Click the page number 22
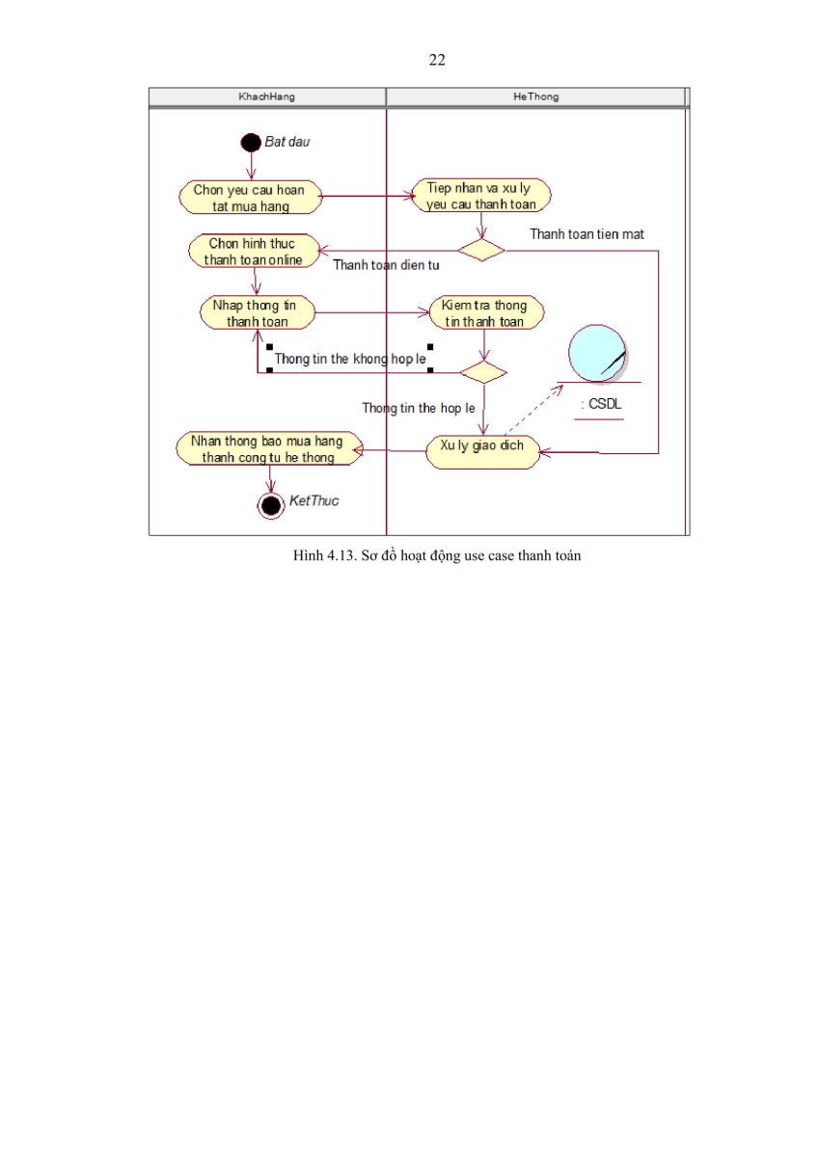pyautogui.click(x=437, y=60)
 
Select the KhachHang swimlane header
pyautogui.click(x=267, y=96)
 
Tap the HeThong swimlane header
pyautogui.click(x=535, y=96)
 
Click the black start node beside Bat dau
pyautogui.click(x=251, y=143)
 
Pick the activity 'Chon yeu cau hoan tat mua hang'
pyautogui.click(x=250, y=198)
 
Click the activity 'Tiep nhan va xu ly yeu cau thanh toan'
pyautogui.click(x=481, y=196)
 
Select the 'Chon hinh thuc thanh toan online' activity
pyautogui.click(x=254, y=251)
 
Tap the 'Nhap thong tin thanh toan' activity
pyautogui.click(x=258, y=312)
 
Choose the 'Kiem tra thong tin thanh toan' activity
pyautogui.click(x=486, y=312)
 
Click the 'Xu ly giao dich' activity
pyautogui.click(x=482, y=452)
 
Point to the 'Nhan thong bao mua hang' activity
pyautogui.click(x=269, y=448)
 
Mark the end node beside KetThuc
pyautogui.click(x=271, y=505)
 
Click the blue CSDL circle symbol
pyautogui.click(x=598, y=353)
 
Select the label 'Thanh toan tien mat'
pyautogui.click(x=587, y=234)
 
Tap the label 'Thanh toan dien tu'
pyautogui.click(x=386, y=265)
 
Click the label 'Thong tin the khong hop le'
pyautogui.click(x=350, y=359)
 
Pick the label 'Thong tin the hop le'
pyautogui.click(x=419, y=408)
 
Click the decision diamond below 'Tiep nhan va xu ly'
pyautogui.click(x=481, y=250)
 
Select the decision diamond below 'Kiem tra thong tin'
pyautogui.click(x=483, y=372)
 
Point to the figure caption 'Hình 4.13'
pyautogui.click(x=437, y=555)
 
